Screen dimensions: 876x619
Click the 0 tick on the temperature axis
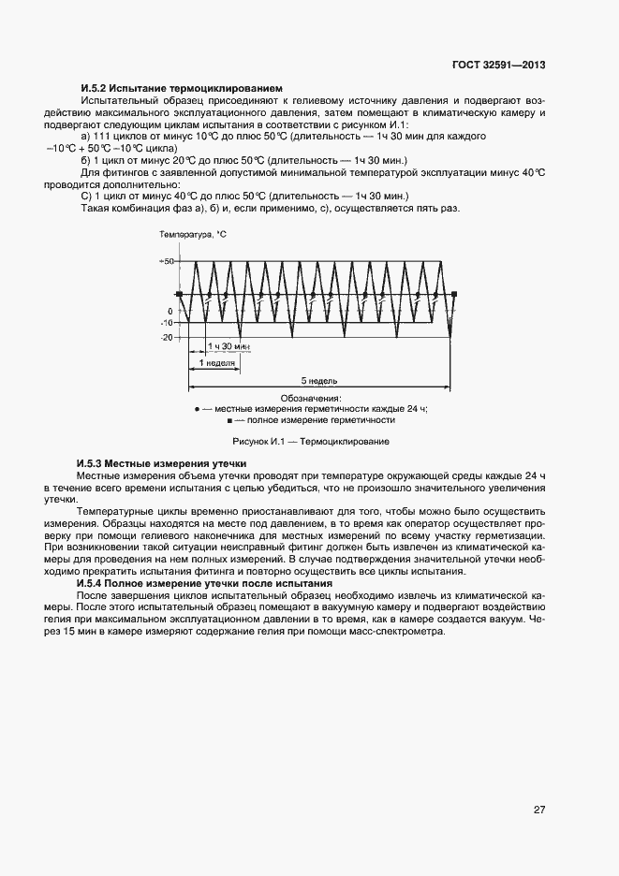coord(169,311)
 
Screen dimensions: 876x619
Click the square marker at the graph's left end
coord(179,295)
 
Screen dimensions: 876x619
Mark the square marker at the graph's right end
coord(454,295)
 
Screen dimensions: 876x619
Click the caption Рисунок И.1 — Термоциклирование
coord(310,441)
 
